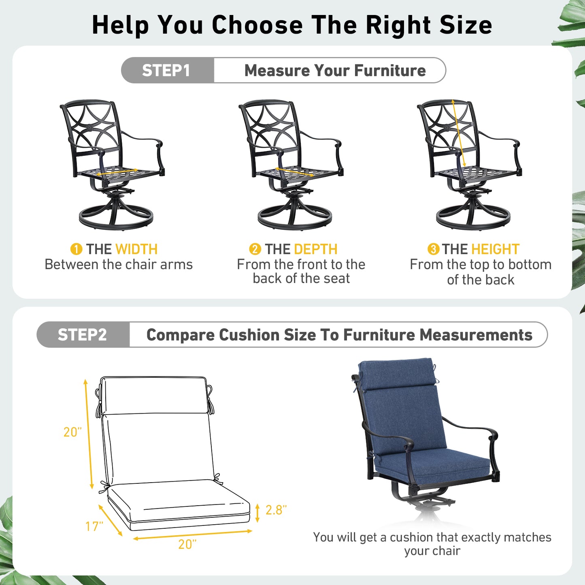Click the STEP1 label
166,70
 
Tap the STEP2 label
82,335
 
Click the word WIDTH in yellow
136,249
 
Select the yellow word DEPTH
315,249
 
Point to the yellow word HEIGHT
495,249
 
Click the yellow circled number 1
76,249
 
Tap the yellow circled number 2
255,249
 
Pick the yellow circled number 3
433,249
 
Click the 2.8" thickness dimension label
276,510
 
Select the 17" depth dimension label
94,526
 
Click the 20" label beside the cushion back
72,432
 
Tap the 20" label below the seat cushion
187,545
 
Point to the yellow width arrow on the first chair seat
117,172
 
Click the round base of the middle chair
295,219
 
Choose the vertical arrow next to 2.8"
257,513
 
